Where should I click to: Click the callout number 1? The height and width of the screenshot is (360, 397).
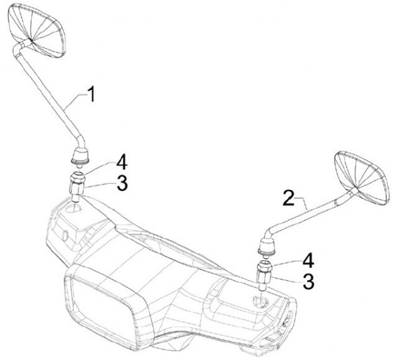tap(92, 94)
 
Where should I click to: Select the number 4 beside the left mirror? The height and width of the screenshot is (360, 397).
tap(121, 163)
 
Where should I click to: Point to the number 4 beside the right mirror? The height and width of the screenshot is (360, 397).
tap(307, 259)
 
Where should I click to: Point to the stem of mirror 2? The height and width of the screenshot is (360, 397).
tap(309, 212)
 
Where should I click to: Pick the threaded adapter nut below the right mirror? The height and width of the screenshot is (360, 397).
tap(264, 274)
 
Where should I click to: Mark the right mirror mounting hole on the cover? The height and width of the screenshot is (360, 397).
tap(259, 301)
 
